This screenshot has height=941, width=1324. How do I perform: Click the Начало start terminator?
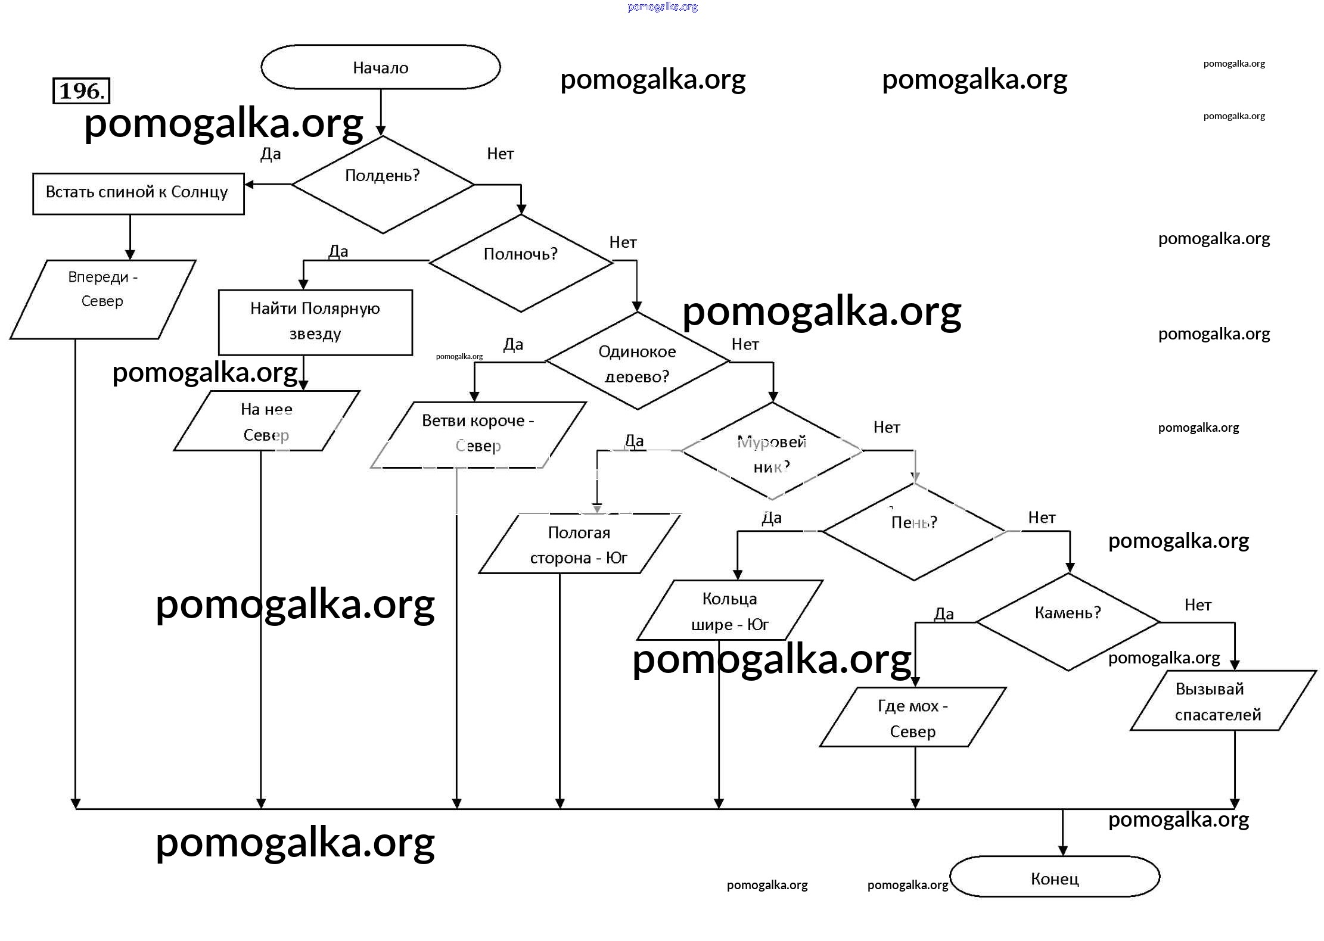coord(380,67)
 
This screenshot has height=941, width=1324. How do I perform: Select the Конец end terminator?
coord(1054,878)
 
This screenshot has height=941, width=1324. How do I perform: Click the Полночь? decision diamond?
coord(520,262)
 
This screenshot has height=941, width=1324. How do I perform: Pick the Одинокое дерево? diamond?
coord(637,362)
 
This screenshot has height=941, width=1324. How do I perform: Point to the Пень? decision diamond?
coord(914,531)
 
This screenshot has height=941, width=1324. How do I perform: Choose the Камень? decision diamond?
coord(1068,621)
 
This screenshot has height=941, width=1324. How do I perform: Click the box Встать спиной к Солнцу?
coord(138,193)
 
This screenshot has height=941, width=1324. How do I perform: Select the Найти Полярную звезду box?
coord(315,322)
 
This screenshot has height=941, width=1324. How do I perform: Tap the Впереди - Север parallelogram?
coord(102,299)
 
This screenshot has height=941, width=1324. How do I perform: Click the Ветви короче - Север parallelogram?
coord(478,434)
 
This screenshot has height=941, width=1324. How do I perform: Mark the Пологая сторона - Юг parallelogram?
coord(579,544)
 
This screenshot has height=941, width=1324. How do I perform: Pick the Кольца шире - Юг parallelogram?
coord(729,610)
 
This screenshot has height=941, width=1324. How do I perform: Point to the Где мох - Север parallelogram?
coord(913,718)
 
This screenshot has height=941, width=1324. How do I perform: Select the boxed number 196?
coord(82,91)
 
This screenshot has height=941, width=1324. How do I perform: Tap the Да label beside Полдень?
coord(271,154)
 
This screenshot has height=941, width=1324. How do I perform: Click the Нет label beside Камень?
coord(1198,605)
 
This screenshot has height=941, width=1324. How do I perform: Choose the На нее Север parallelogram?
coord(266,421)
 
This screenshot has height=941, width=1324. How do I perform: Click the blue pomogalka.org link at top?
coord(663,7)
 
